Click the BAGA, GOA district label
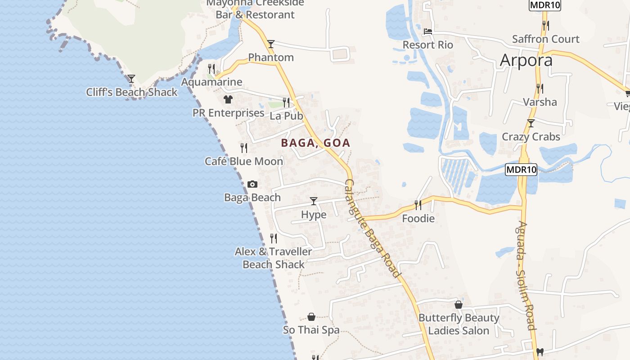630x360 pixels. (315, 143)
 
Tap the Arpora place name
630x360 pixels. (526, 60)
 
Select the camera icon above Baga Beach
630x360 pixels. (252, 184)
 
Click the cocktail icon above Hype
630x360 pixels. (314, 201)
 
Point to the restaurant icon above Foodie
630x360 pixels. (418, 205)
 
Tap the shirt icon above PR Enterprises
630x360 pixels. (228, 99)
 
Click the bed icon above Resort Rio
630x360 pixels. (428, 31)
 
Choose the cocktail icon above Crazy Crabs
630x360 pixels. (531, 123)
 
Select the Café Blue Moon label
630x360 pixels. (244, 161)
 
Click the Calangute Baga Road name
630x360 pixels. (372, 229)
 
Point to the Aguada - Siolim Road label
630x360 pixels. (525, 275)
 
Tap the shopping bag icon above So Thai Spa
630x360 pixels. (311, 317)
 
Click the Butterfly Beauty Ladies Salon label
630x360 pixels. (459, 324)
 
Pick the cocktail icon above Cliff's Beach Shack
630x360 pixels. (131, 79)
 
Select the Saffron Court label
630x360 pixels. (545, 39)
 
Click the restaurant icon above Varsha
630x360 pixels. (540, 88)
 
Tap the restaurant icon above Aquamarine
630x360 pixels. (211, 68)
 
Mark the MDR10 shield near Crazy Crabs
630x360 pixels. (521, 170)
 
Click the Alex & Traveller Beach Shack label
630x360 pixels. (274, 258)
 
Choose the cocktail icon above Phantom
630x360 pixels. (270, 44)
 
